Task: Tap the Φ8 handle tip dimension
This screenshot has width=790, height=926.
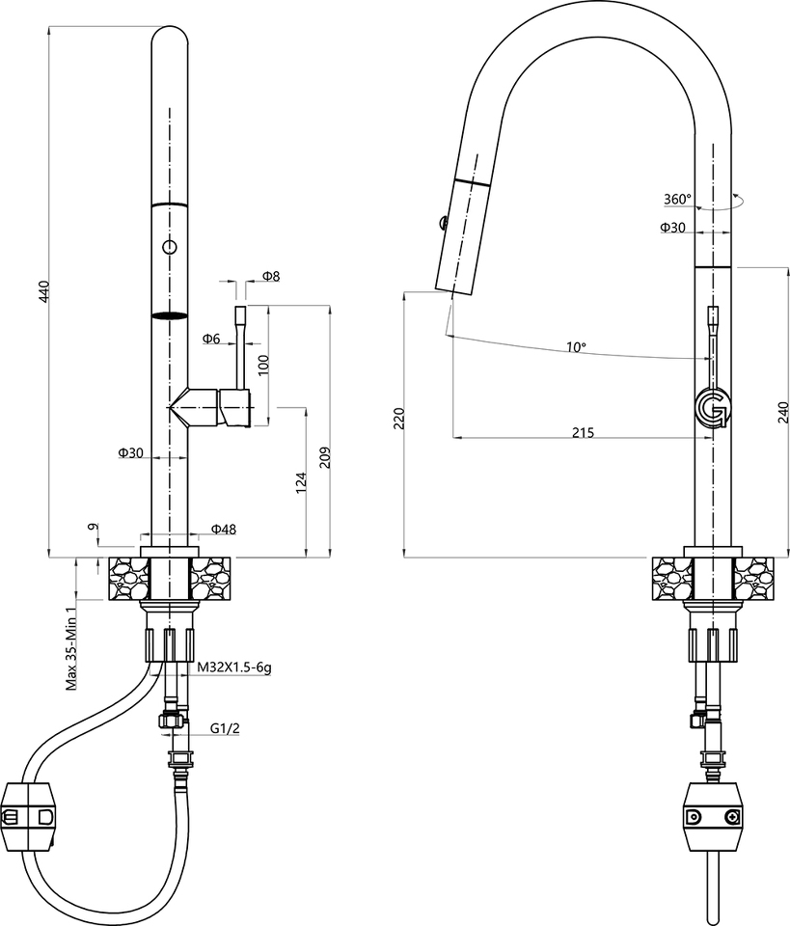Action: pos(270,277)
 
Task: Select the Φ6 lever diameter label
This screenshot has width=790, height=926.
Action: pos(211,339)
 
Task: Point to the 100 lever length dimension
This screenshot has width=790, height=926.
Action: pos(263,364)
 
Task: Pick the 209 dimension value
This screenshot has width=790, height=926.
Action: pos(325,457)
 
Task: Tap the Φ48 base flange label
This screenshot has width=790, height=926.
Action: pos(224,529)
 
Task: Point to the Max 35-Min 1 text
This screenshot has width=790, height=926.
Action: pos(70,649)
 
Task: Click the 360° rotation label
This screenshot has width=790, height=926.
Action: pos(677,200)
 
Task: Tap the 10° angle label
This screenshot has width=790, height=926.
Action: pos(576,346)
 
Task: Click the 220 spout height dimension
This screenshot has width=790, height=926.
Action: pos(398,417)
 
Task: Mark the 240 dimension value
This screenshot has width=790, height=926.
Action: pos(782,412)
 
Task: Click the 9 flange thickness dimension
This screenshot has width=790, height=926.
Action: pos(93,528)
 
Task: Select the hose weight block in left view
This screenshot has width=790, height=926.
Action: pos(33,816)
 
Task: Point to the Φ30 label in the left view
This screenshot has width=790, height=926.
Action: pos(131,452)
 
